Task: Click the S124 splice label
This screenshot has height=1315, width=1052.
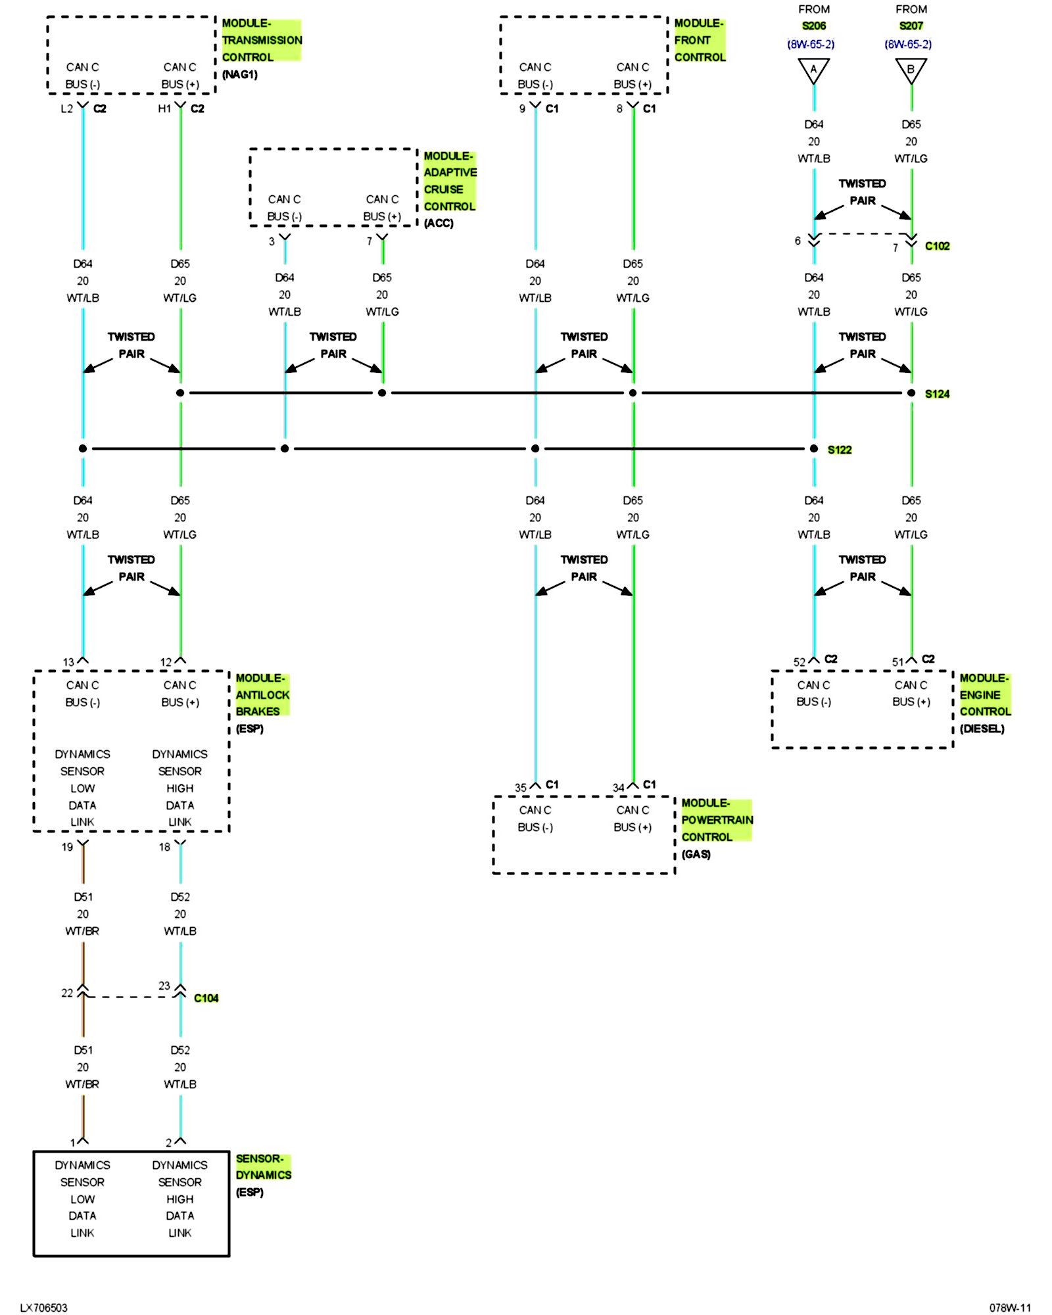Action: point(936,394)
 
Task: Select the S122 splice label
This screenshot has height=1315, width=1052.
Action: point(839,450)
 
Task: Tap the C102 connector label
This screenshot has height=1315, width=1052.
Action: point(936,246)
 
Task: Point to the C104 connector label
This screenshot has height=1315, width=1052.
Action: point(206,998)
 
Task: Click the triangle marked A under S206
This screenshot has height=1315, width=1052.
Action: point(813,70)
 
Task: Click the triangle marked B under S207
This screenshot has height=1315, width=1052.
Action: point(911,70)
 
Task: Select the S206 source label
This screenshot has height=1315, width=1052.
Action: point(813,26)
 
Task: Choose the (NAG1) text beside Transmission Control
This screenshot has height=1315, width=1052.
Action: point(240,74)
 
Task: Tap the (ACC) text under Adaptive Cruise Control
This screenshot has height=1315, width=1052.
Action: point(439,223)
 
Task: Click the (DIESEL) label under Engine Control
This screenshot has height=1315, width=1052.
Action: point(982,729)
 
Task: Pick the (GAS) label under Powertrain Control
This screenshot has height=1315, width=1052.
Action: point(696,854)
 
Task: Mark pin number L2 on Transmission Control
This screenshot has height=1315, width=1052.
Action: point(66,108)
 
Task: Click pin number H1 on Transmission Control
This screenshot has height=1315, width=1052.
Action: point(164,108)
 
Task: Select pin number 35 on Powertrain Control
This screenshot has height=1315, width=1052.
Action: point(520,787)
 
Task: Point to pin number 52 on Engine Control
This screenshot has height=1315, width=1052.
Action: point(799,662)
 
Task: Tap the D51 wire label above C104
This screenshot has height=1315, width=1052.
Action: point(83,897)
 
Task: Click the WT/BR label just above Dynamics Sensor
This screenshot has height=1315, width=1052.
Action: point(82,1084)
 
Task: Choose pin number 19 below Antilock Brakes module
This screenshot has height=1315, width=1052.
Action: point(67,847)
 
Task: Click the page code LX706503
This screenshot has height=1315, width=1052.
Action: point(43,1308)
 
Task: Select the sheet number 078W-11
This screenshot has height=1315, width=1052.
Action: point(1009,1308)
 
